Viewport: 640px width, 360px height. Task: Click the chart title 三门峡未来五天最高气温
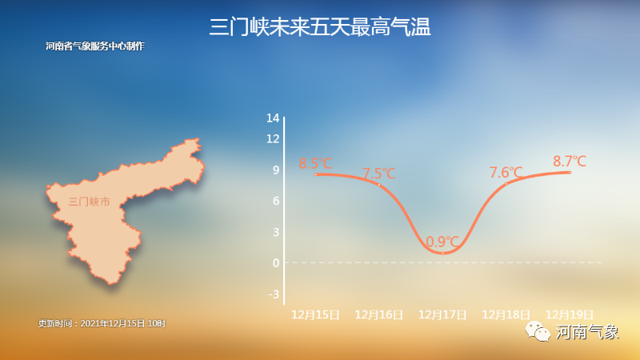(x=320, y=27)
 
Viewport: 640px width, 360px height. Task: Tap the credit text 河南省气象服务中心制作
(x=95, y=46)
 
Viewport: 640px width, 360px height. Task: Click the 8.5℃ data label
(x=315, y=163)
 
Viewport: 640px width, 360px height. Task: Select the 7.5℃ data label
(x=379, y=174)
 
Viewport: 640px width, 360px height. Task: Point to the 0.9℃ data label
(x=442, y=242)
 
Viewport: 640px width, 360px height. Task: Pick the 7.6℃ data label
(x=506, y=173)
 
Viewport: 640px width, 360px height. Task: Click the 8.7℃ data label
(x=570, y=162)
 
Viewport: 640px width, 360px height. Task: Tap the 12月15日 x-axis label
(x=315, y=314)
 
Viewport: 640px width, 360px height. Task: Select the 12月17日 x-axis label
(x=442, y=314)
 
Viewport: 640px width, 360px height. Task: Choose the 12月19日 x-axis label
(x=570, y=314)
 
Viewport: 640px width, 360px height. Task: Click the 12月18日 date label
(x=506, y=314)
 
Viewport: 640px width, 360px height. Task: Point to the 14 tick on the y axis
(x=273, y=118)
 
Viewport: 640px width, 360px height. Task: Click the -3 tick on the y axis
(x=274, y=294)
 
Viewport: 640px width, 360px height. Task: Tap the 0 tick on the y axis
(x=276, y=263)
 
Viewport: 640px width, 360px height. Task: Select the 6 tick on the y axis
(x=276, y=201)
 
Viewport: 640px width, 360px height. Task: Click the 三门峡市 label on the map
(x=90, y=202)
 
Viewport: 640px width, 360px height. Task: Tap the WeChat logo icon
(x=538, y=331)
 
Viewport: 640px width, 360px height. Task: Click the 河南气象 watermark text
(x=587, y=332)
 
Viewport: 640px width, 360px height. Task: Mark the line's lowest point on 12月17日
(x=442, y=253)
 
